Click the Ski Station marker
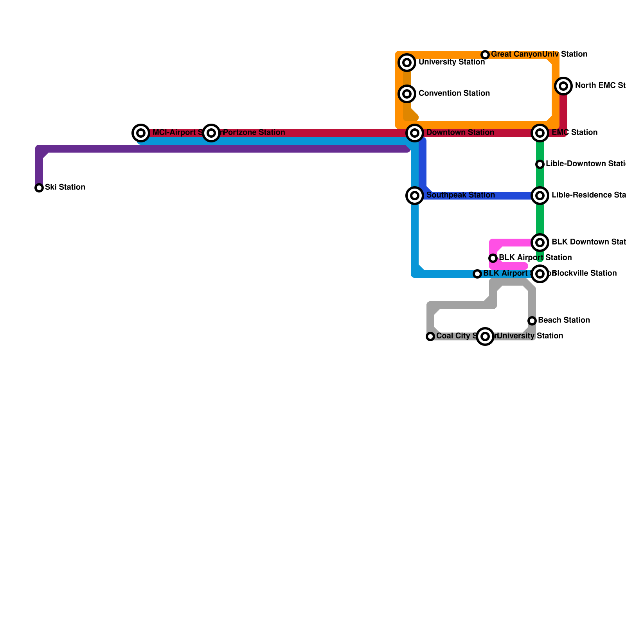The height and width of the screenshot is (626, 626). pos(39,188)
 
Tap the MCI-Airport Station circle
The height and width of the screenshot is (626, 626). pos(141,133)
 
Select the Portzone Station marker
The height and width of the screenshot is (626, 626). pos(211,133)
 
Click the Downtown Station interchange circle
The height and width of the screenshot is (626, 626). pos(415,133)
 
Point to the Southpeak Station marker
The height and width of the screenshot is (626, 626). pos(415,196)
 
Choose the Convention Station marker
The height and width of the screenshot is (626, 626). pos(407,94)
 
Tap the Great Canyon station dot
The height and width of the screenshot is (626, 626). pos(485,55)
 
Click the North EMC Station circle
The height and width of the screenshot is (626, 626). pos(563,86)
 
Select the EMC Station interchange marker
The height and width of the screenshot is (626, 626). pos(540,133)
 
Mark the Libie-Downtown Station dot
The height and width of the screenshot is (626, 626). pos(540,164)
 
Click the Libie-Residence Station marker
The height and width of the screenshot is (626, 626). pos(540,196)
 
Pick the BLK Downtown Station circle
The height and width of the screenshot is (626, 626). pos(540,243)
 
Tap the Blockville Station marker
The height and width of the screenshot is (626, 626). pos(540,274)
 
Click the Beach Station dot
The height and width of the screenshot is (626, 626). pos(532,321)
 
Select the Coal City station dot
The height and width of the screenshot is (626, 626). pos(430,336)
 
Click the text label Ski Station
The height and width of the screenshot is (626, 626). pos(65,187)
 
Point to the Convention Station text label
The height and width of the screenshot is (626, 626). pos(454,94)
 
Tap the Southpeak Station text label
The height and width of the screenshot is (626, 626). pos(461,195)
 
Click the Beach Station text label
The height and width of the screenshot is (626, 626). pos(564,320)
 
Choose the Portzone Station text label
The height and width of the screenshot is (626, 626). pos(254,133)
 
